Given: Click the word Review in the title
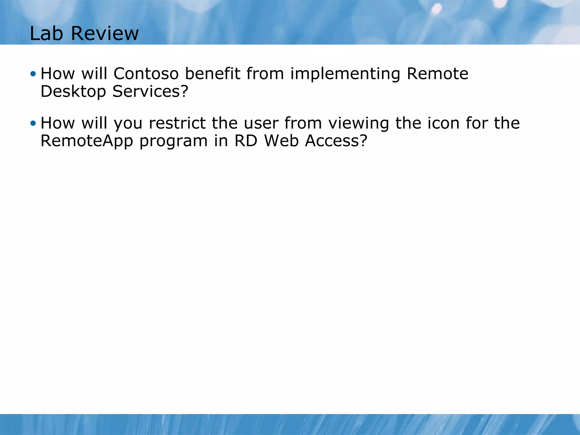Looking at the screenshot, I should coord(105,33).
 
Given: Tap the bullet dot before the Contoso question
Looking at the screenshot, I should coord(33,74).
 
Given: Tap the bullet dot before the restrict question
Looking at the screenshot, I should coord(33,123).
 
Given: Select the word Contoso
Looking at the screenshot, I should coord(146,74).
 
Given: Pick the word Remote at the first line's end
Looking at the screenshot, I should coord(437,74).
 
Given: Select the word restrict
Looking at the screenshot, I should coord(177,123).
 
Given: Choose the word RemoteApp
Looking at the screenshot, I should coord(87,141).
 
